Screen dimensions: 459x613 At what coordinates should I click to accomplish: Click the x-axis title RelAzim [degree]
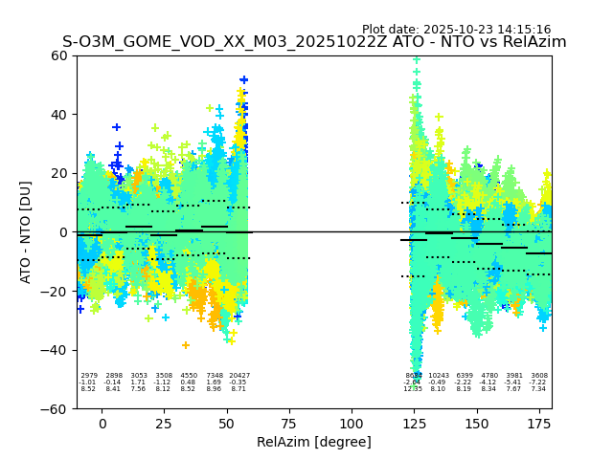click(313, 442)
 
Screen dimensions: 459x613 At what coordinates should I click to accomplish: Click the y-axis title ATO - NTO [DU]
click(27, 231)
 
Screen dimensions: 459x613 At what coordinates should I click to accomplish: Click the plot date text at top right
click(456, 30)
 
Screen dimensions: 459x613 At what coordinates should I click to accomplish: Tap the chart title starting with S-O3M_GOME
click(314, 42)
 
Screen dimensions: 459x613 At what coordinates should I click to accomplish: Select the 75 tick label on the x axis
click(289, 424)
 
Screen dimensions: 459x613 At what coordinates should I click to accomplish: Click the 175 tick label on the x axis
click(538, 424)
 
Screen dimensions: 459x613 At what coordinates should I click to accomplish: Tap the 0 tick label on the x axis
click(102, 424)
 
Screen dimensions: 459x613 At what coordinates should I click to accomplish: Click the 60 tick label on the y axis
click(60, 55)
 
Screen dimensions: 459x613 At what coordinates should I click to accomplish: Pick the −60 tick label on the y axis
click(57, 408)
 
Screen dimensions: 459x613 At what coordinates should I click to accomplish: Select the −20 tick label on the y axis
click(57, 291)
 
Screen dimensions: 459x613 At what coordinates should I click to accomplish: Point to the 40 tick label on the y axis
click(60, 115)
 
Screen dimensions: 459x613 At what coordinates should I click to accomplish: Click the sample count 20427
click(238, 376)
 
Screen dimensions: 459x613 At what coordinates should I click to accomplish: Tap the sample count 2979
click(88, 376)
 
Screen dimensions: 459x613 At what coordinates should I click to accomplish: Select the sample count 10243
click(438, 376)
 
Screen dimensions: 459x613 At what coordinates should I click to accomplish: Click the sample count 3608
click(538, 376)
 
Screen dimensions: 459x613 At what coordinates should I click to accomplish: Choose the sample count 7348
click(214, 376)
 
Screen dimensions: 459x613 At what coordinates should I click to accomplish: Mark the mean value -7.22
click(538, 382)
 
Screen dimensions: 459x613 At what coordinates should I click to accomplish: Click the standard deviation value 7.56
click(138, 389)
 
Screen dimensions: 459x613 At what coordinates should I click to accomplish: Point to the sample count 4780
click(488, 376)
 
